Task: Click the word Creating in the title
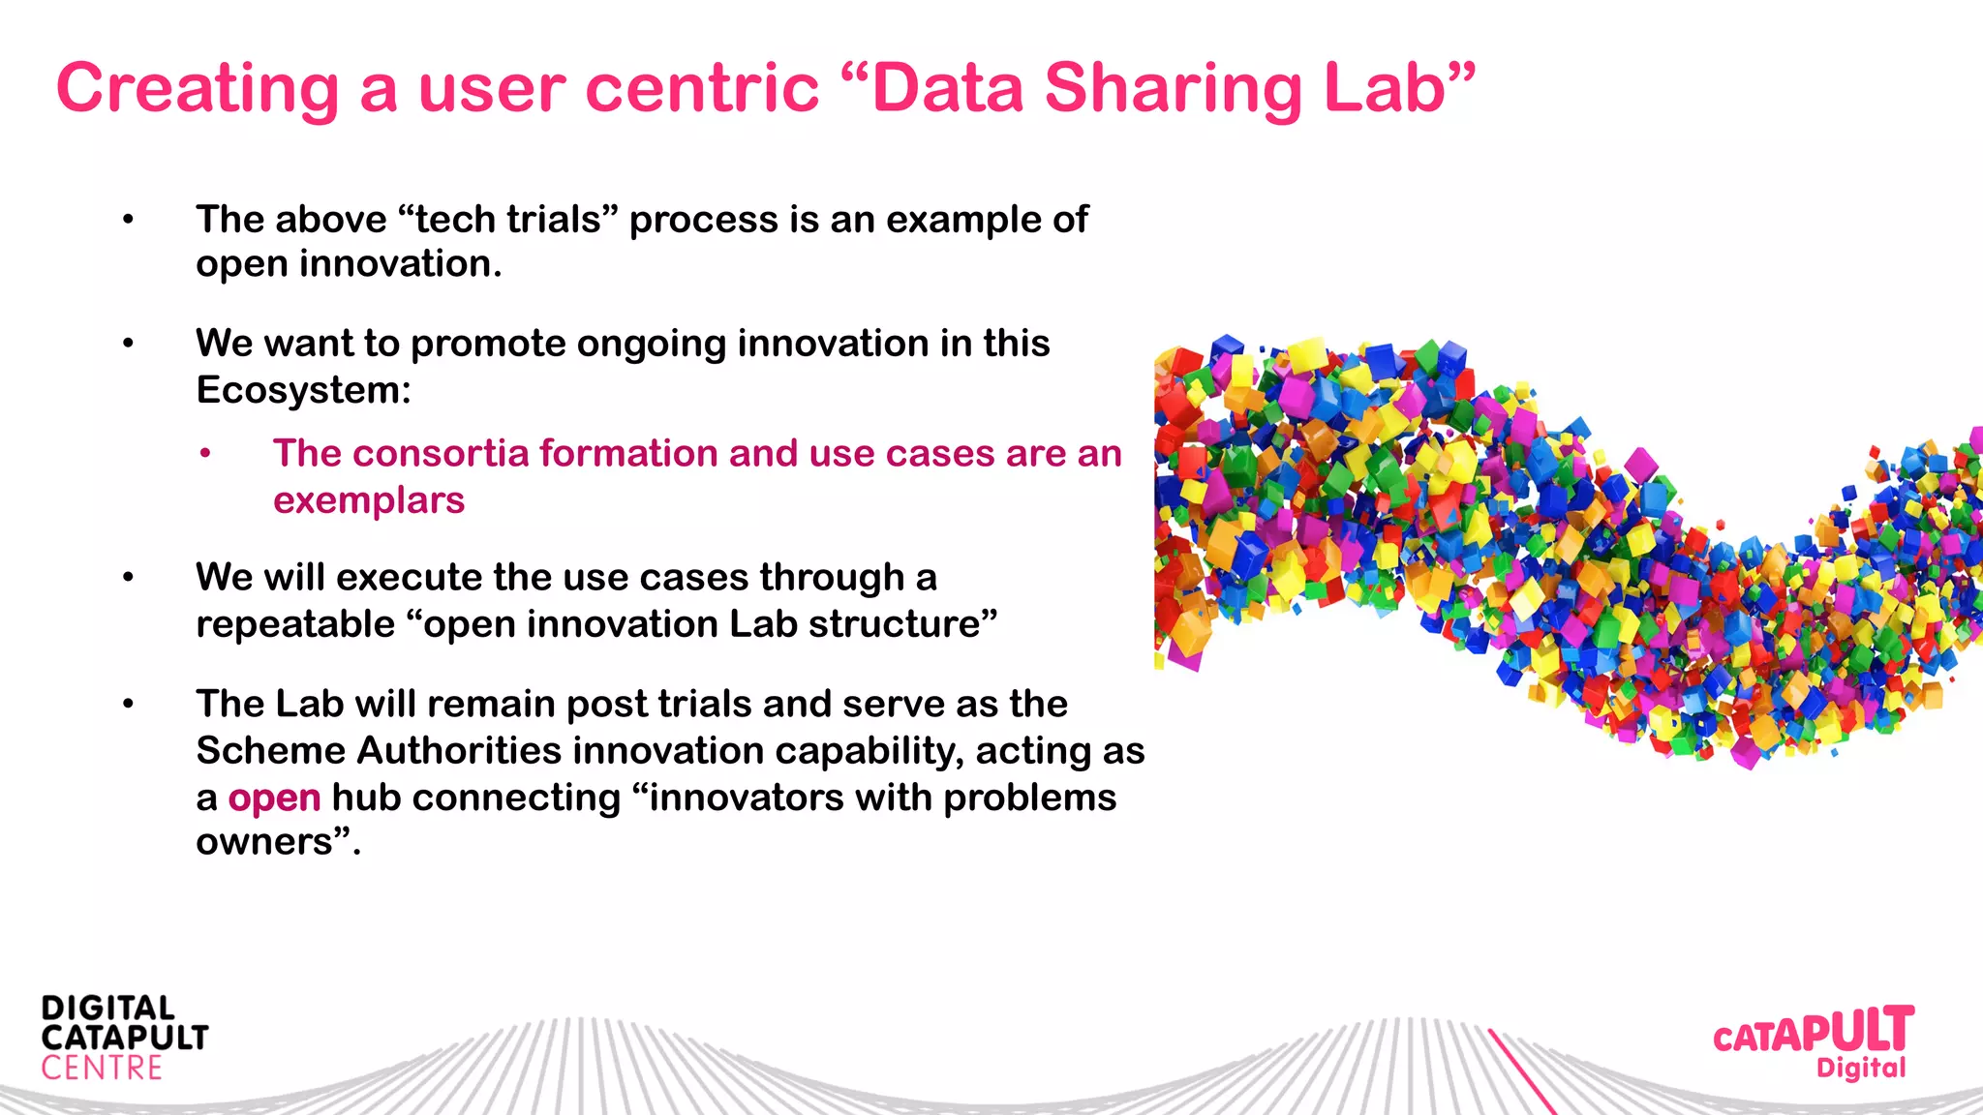198,89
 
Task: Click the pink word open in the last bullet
274,799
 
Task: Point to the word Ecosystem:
303,390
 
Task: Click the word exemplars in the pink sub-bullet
368,500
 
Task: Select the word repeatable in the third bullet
295,624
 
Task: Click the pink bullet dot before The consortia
205,453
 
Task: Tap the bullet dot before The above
128,220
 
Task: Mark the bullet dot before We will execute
128,578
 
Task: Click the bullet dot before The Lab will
128,704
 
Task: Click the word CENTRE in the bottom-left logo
102,1069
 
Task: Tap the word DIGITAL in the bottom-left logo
107,1008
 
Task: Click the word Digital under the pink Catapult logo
1860,1069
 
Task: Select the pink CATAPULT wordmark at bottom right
1813,1032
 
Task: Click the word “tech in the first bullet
455,220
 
